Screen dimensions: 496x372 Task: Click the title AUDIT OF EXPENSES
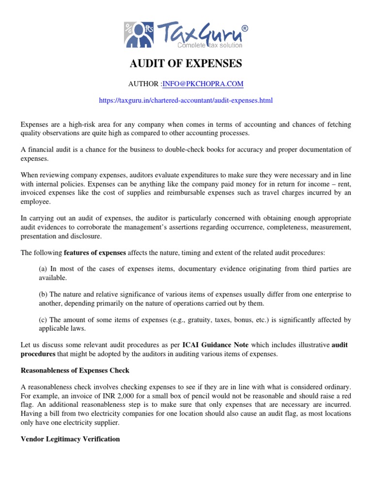pos(186,64)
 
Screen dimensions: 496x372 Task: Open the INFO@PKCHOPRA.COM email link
pos(202,84)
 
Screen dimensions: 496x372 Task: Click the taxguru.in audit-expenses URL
pos(186,101)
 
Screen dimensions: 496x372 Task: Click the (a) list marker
pos(43,269)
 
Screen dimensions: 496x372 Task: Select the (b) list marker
pos(43,294)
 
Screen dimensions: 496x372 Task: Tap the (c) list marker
pos(43,320)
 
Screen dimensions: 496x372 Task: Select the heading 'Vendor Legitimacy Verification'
pos(70,439)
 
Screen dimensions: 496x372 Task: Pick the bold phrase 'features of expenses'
pos(95,253)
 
